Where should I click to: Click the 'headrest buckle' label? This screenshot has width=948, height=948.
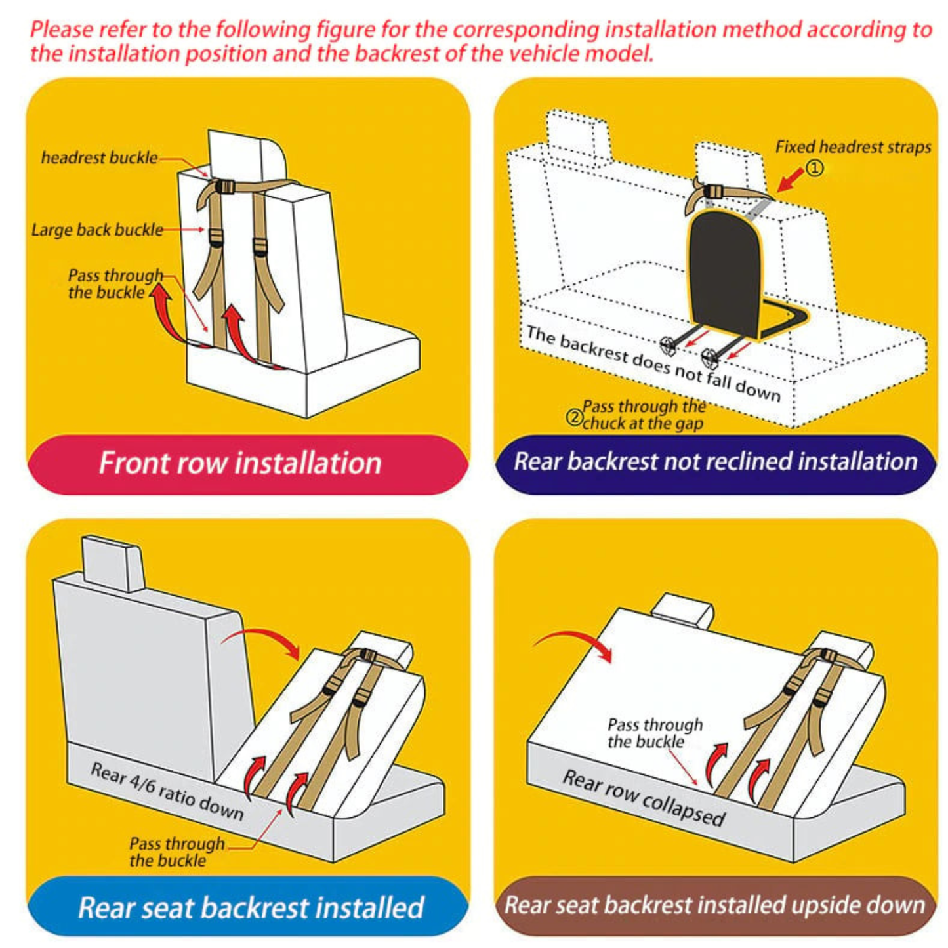[x=99, y=157]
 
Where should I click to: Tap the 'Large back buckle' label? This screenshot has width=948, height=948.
[x=97, y=230]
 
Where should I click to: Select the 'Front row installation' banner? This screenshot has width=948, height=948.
[x=240, y=463]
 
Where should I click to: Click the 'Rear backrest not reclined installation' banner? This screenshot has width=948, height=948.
[x=715, y=462]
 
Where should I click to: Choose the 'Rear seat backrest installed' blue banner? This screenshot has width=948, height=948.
[x=251, y=907]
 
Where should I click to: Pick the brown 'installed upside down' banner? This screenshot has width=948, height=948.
[x=714, y=905]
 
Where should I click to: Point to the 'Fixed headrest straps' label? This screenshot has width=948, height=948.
[x=853, y=147]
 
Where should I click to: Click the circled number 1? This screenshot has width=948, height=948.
[x=814, y=169]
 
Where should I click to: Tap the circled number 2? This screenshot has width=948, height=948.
[x=574, y=417]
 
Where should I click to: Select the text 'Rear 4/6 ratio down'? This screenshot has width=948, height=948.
[x=167, y=791]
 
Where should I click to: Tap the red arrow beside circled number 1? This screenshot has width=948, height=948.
[x=791, y=179]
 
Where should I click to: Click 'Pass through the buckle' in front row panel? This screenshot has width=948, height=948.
[x=115, y=283]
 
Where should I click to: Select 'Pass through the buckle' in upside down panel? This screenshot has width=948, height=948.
[x=654, y=733]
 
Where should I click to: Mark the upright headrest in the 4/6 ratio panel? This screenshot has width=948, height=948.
[x=113, y=562]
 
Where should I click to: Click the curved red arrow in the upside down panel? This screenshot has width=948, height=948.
[x=577, y=643]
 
